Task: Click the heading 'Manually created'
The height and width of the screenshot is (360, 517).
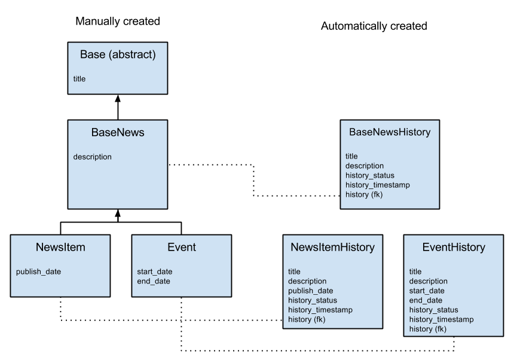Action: pyautogui.click(x=118, y=22)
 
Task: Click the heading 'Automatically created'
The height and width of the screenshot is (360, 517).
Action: pyautogui.click(x=374, y=26)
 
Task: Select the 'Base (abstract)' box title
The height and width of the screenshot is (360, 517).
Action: pyautogui.click(x=118, y=55)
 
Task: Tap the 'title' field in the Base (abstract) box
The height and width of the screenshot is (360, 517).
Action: pyautogui.click(x=79, y=78)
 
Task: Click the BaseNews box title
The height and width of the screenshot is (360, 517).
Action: pyautogui.click(x=118, y=133)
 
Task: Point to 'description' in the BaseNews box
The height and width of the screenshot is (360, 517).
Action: pyautogui.click(x=93, y=157)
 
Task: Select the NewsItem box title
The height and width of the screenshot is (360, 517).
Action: pyautogui.click(x=60, y=247)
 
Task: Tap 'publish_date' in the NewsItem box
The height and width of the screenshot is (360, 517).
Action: pyautogui.click(x=38, y=271)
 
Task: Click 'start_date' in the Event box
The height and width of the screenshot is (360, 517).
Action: pyautogui.click(x=155, y=271)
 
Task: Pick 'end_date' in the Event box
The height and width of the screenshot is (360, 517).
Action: pyautogui.click(x=154, y=281)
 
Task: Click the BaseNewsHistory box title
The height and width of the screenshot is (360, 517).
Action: pyautogui.click(x=390, y=132)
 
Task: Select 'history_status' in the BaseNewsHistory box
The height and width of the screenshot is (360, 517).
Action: pyautogui.click(x=370, y=175)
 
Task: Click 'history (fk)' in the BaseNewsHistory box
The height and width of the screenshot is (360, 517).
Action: pyautogui.click(x=364, y=194)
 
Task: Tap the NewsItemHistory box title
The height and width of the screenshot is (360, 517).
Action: pyautogui.click(x=332, y=247)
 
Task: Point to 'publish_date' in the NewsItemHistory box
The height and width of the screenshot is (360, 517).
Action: pyautogui.click(x=311, y=291)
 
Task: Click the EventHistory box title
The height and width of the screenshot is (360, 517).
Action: pyautogui.click(x=454, y=247)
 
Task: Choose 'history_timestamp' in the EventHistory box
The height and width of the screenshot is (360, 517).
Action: pyautogui.click(x=441, y=319)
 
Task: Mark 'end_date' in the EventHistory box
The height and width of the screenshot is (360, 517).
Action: pyautogui.click(x=426, y=300)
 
